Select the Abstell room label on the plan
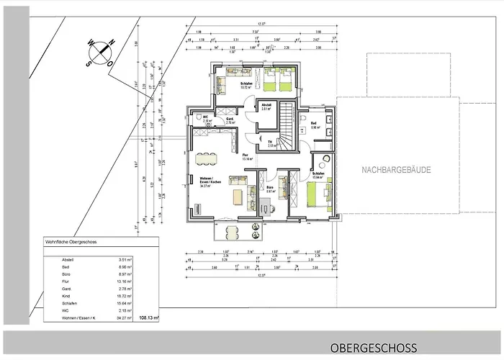pyautogui.click(x=266, y=106)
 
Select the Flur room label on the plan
pyautogui.click(x=245, y=156)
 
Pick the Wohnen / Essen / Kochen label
pyautogui.click(x=199, y=181)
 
